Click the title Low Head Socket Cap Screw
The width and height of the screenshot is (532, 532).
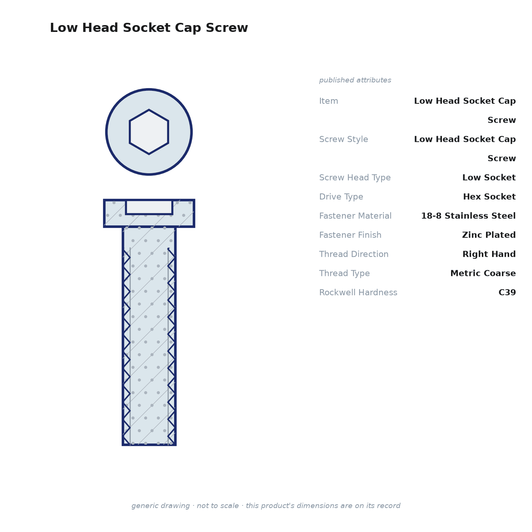click(x=149, y=28)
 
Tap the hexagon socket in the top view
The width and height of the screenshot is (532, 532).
click(x=149, y=132)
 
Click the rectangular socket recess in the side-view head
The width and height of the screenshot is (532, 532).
click(x=149, y=207)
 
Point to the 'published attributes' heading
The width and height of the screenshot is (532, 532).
click(x=355, y=80)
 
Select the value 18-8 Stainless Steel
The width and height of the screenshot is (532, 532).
click(x=468, y=216)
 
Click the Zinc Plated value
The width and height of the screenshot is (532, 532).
click(x=489, y=235)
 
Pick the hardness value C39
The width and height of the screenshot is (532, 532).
click(x=507, y=292)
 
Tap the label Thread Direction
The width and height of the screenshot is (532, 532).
click(x=354, y=254)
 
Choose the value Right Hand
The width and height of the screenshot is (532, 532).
click(x=489, y=254)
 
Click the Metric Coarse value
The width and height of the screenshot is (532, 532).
click(x=483, y=273)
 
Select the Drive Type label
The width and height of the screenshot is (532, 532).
click(x=341, y=197)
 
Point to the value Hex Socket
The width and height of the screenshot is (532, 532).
click(x=489, y=197)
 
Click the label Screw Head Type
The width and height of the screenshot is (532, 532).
click(x=355, y=177)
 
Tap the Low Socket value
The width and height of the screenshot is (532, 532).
click(x=489, y=177)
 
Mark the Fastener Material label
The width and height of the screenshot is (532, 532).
click(x=355, y=216)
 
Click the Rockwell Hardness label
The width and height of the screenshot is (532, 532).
click(x=358, y=292)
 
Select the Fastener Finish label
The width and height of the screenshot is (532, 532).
click(x=350, y=235)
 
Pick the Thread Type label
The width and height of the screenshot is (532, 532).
click(x=344, y=273)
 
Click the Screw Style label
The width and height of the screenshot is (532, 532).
click(x=344, y=139)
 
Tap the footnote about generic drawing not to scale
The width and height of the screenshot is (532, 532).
click(x=266, y=506)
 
